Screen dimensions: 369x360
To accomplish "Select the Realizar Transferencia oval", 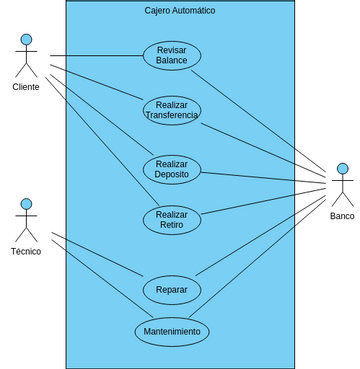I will tap(172, 110).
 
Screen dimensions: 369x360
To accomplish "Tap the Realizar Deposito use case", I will tap(172, 169).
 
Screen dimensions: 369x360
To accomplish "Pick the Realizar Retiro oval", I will tap(172, 220).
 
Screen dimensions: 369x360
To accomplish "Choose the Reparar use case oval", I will tap(172, 290).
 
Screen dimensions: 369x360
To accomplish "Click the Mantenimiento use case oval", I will tap(172, 331).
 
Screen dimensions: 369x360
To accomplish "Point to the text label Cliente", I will tap(26, 87).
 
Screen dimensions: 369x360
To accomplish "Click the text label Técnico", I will tap(26, 251).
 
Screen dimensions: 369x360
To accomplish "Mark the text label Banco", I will tap(342, 216).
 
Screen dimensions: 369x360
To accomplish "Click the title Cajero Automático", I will tap(180, 10).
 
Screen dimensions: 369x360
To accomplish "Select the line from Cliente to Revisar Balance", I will tap(96, 56).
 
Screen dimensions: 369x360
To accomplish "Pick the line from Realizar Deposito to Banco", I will tap(265, 178).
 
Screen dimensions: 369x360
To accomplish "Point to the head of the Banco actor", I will tap(342, 168).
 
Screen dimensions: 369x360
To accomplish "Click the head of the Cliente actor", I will tap(26, 39).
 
